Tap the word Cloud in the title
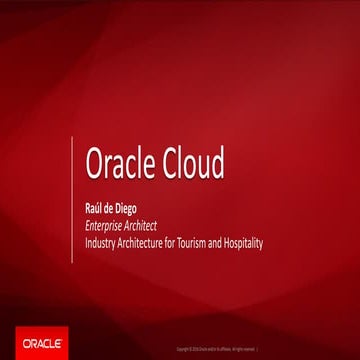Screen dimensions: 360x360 [193, 163]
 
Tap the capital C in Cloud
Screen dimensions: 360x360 [169, 163]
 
